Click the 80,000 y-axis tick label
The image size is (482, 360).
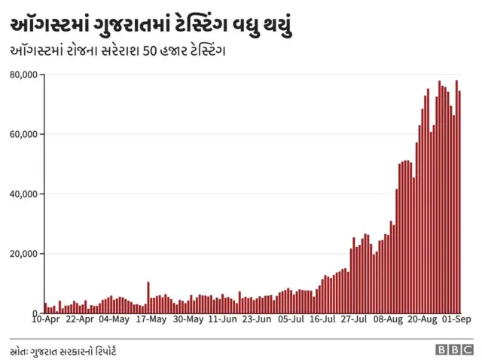click(x=23, y=75)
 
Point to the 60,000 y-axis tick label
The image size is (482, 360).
click(x=23, y=134)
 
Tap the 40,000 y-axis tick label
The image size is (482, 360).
click(x=23, y=194)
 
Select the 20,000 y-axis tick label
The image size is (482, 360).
click(x=23, y=254)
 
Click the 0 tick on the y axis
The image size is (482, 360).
click(x=35, y=313)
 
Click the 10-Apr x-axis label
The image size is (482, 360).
click(x=46, y=319)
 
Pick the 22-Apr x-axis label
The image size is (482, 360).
click(x=80, y=319)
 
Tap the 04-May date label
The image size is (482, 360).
click(x=114, y=319)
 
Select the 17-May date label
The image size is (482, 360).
click(x=151, y=319)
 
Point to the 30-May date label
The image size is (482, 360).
click(x=188, y=319)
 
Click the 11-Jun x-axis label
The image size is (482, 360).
click(x=222, y=319)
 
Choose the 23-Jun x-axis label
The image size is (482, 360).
click(x=257, y=319)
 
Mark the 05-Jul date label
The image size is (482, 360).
click(x=291, y=319)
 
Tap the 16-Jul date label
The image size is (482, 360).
click(x=322, y=319)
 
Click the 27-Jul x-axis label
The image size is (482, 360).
click(x=354, y=319)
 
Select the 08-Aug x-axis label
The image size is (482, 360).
click(x=389, y=319)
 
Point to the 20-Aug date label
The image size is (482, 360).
click(x=423, y=319)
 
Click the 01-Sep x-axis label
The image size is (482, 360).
click(x=456, y=319)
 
